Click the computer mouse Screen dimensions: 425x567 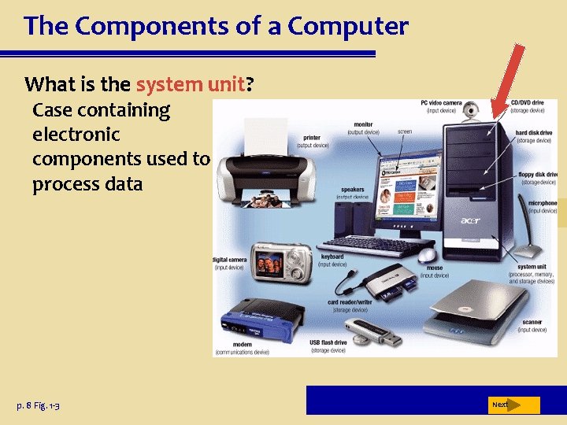(x=428, y=256)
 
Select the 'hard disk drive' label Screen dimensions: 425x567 (x=533, y=132)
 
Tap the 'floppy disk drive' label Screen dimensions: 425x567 (x=538, y=174)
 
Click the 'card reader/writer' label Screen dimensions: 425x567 (x=350, y=302)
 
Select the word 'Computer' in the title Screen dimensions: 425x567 (x=348, y=26)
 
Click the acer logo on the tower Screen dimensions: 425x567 (x=469, y=220)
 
